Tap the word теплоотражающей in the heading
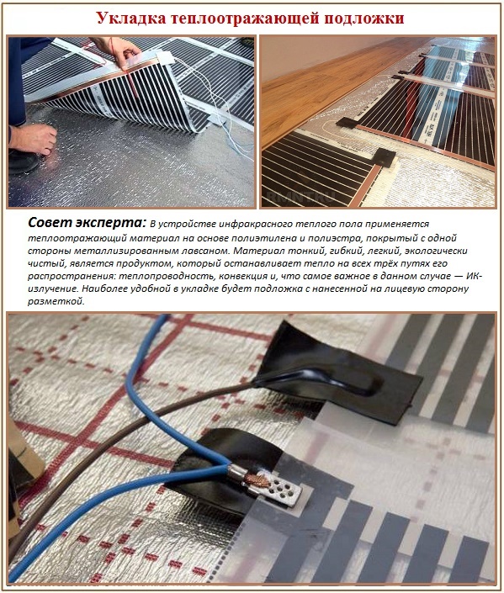pyautogui.click(x=234, y=18)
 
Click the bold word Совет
pyautogui.click(x=50, y=223)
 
